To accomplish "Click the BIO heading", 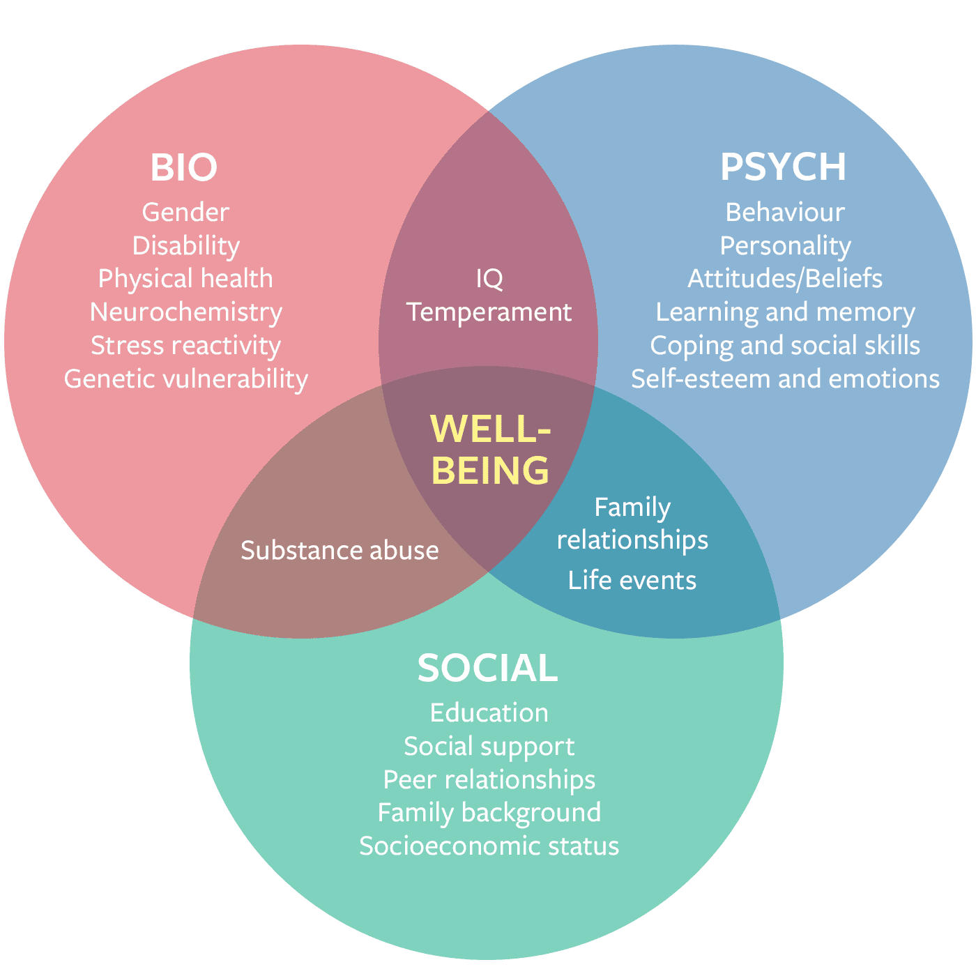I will click(x=184, y=167).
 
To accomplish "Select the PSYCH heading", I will click(x=783, y=167).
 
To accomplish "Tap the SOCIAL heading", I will click(x=488, y=668).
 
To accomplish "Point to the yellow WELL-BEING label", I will click(x=490, y=449).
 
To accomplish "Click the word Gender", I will click(x=185, y=212).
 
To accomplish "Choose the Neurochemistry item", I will click(x=186, y=312).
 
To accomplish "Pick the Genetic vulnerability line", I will click(x=186, y=379).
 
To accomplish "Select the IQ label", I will click(x=489, y=279).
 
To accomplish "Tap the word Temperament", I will click(x=489, y=312).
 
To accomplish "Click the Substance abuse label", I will click(x=340, y=550).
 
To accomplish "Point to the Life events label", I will click(x=632, y=580).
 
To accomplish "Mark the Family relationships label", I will click(x=632, y=523).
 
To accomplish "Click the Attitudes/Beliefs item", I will click(x=785, y=278).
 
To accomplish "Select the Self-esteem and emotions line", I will click(x=785, y=379).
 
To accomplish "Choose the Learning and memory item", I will click(x=785, y=312).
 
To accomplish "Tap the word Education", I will click(x=489, y=712).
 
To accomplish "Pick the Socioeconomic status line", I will click(x=489, y=846).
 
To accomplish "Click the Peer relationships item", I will click(x=489, y=779).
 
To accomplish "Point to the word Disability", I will click(x=186, y=245).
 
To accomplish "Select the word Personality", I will click(x=785, y=245).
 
